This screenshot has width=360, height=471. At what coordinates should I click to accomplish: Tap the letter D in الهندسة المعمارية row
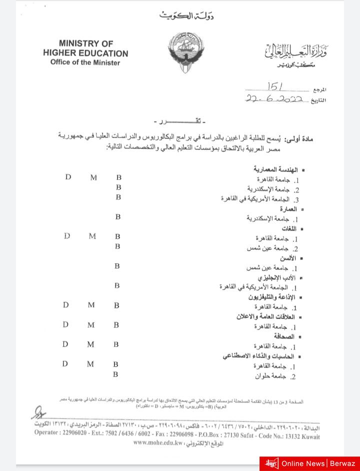coord(68,177)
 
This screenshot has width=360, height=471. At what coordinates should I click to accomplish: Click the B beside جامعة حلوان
coord(115,374)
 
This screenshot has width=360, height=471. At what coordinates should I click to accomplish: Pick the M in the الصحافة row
coord(90,344)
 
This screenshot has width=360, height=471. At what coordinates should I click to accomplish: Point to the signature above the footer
coord(37,413)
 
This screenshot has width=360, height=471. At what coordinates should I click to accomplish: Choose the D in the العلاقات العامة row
coord(65,324)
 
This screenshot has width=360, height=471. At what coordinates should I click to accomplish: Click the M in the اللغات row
coord(92,236)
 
